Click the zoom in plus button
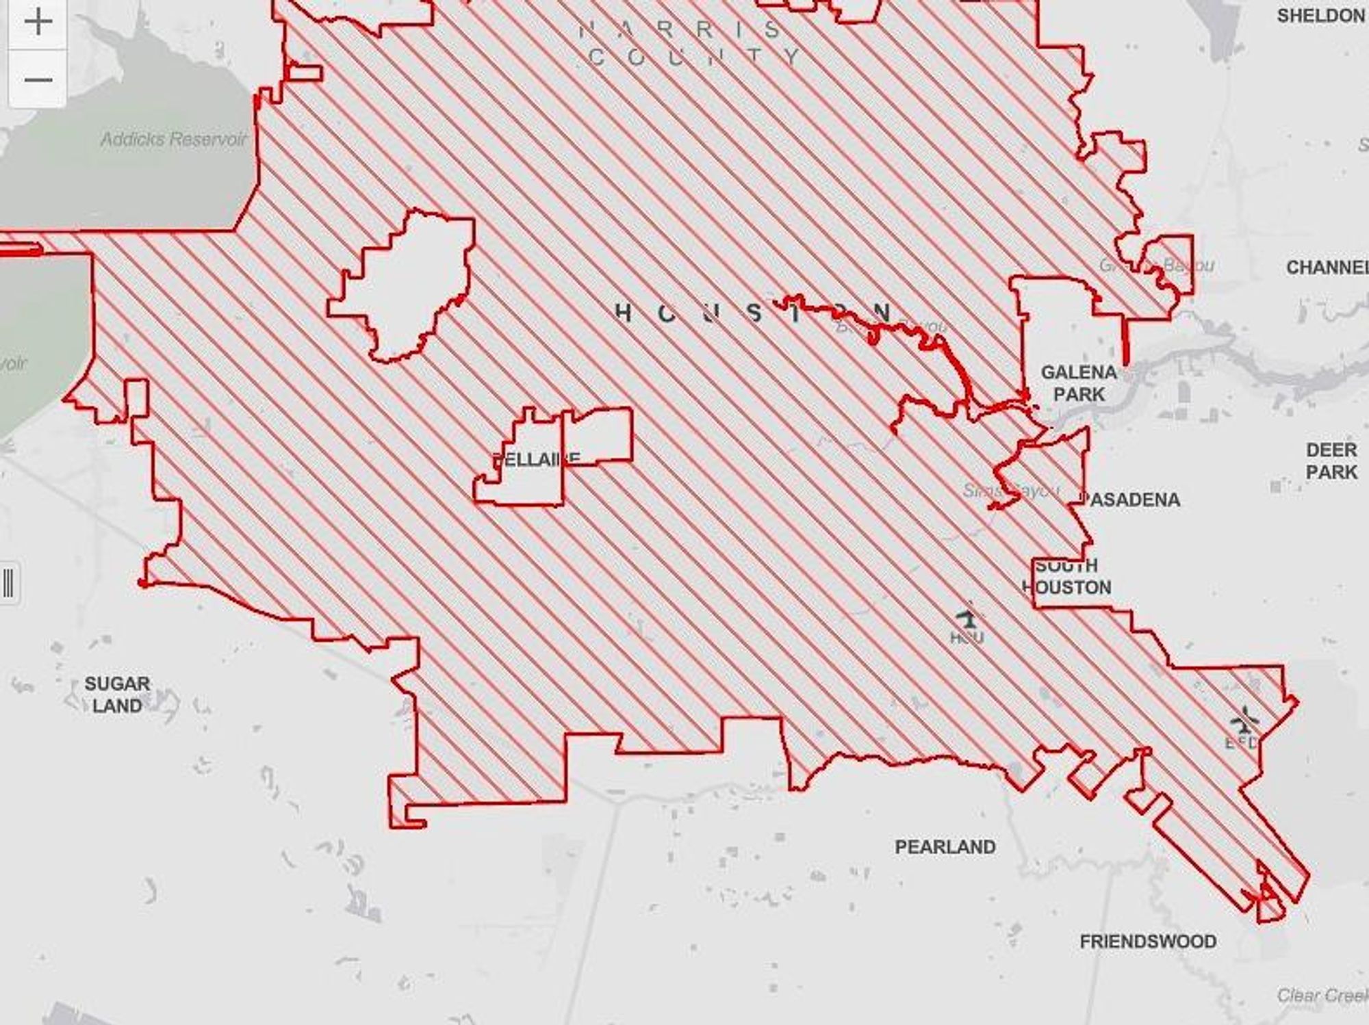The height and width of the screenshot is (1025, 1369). click(x=38, y=23)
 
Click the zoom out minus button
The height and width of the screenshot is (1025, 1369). click(x=38, y=79)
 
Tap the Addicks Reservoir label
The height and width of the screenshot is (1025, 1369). click(x=173, y=140)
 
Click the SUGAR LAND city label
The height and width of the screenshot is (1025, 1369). click(x=117, y=695)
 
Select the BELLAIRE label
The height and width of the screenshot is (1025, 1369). click(x=536, y=459)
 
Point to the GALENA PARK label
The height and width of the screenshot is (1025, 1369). click(x=1079, y=383)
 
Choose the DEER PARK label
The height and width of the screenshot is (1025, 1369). click(x=1331, y=461)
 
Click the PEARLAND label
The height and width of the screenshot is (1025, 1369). click(x=945, y=847)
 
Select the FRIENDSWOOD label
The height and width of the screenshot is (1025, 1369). click(x=1148, y=942)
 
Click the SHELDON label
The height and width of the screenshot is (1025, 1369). click(x=1320, y=16)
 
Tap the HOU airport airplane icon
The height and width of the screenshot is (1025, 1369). click(x=968, y=619)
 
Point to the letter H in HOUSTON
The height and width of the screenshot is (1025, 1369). click(x=622, y=313)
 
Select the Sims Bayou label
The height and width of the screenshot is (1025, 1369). click(x=1011, y=491)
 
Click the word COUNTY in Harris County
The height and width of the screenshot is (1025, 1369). click(x=694, y=57)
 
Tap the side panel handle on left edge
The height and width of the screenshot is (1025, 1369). click(x=9, y=584)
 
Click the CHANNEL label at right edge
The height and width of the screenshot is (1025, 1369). click(x=1327, y=268)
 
